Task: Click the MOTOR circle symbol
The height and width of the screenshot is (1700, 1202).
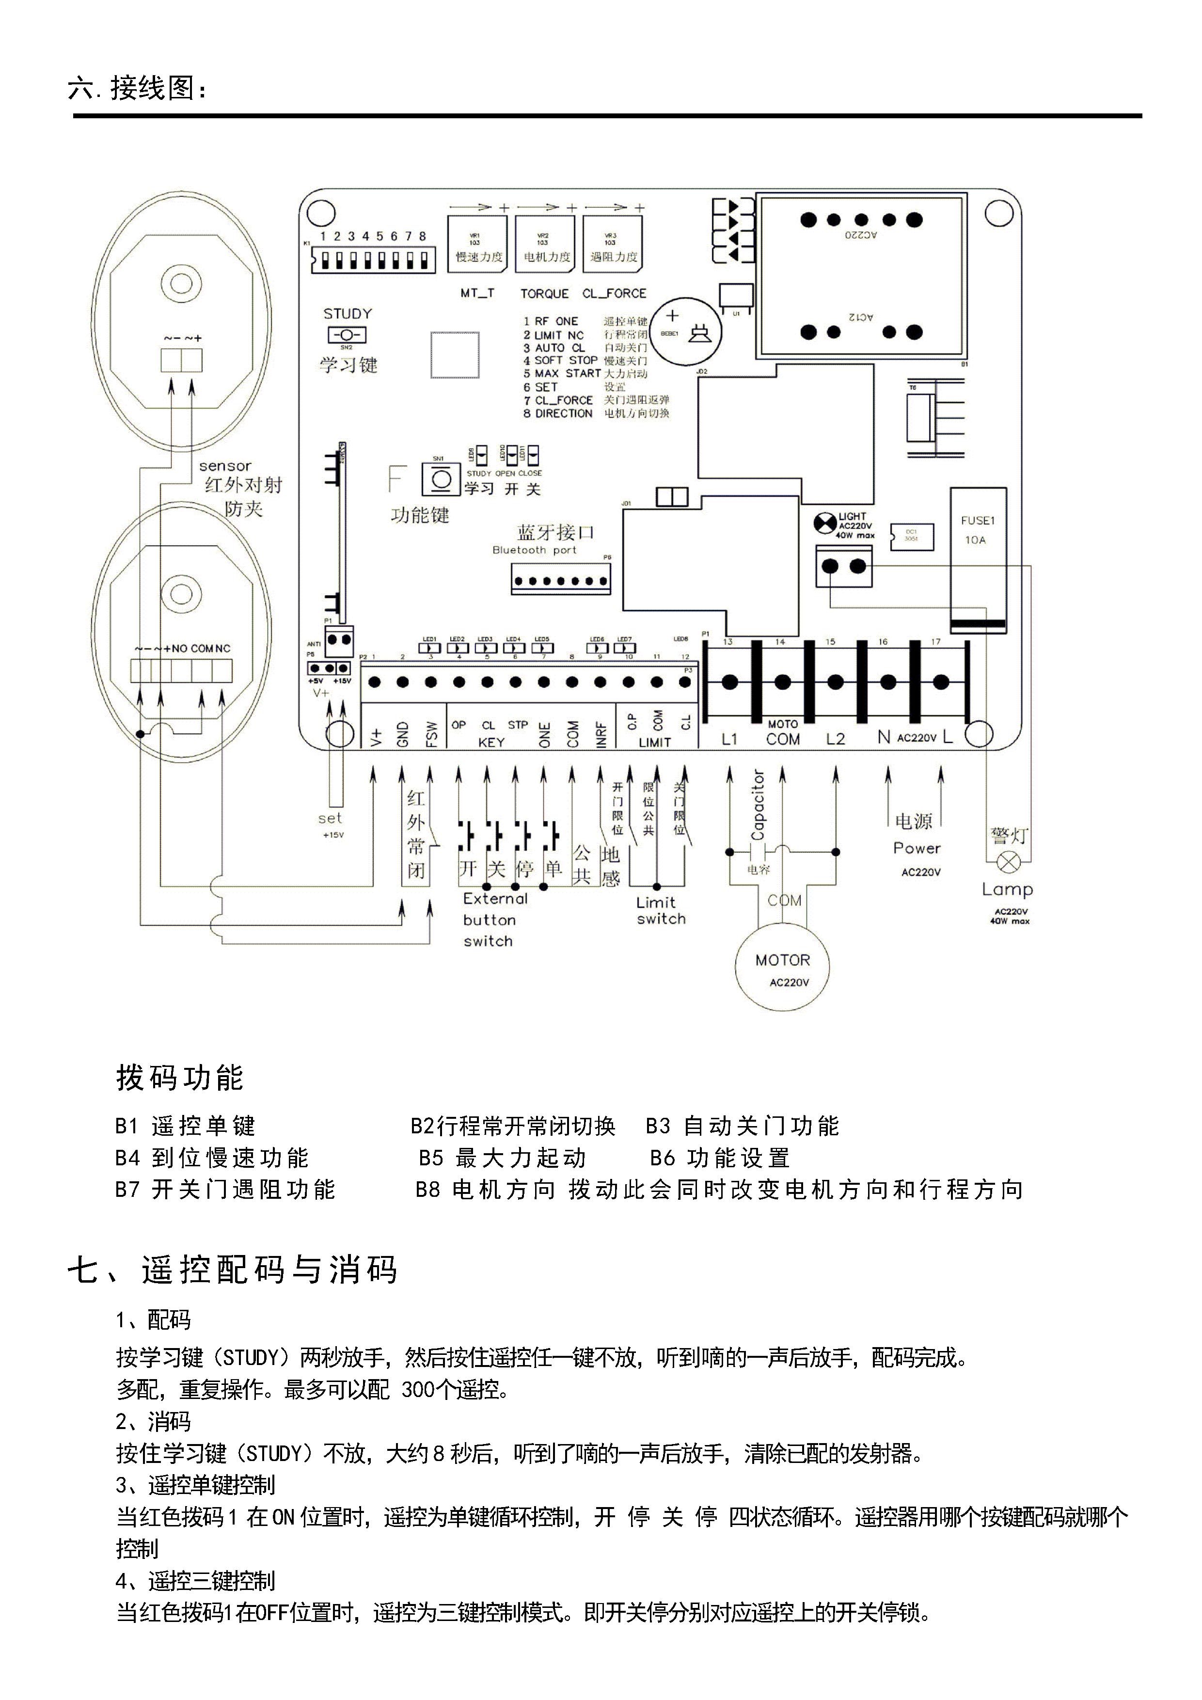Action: (x=782, y=967)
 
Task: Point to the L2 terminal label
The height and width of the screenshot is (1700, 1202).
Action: (x=835, y=739)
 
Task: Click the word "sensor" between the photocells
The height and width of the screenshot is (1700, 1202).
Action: (x=225, y=466)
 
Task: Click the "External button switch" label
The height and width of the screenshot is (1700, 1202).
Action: (x=494, y=920)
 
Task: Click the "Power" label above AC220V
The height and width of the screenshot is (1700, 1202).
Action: (x=917, y=848)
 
